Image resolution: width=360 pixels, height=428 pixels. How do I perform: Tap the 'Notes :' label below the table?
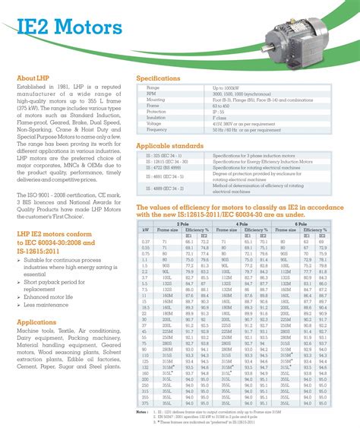[x=142, y=392]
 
